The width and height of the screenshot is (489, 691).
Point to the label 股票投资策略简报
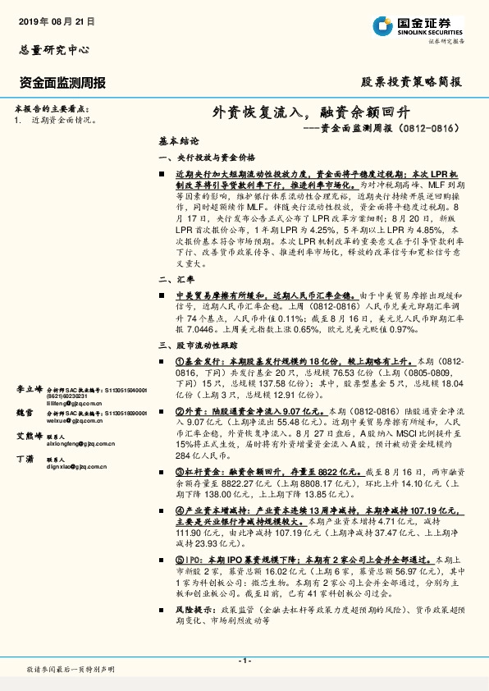click(412, 82)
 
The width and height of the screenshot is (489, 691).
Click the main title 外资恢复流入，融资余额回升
click(317, 112)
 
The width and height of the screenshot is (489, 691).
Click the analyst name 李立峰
click(28, 388)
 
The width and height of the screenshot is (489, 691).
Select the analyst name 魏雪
click(25, 412)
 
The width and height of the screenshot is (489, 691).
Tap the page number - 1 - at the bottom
click(244, 661)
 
